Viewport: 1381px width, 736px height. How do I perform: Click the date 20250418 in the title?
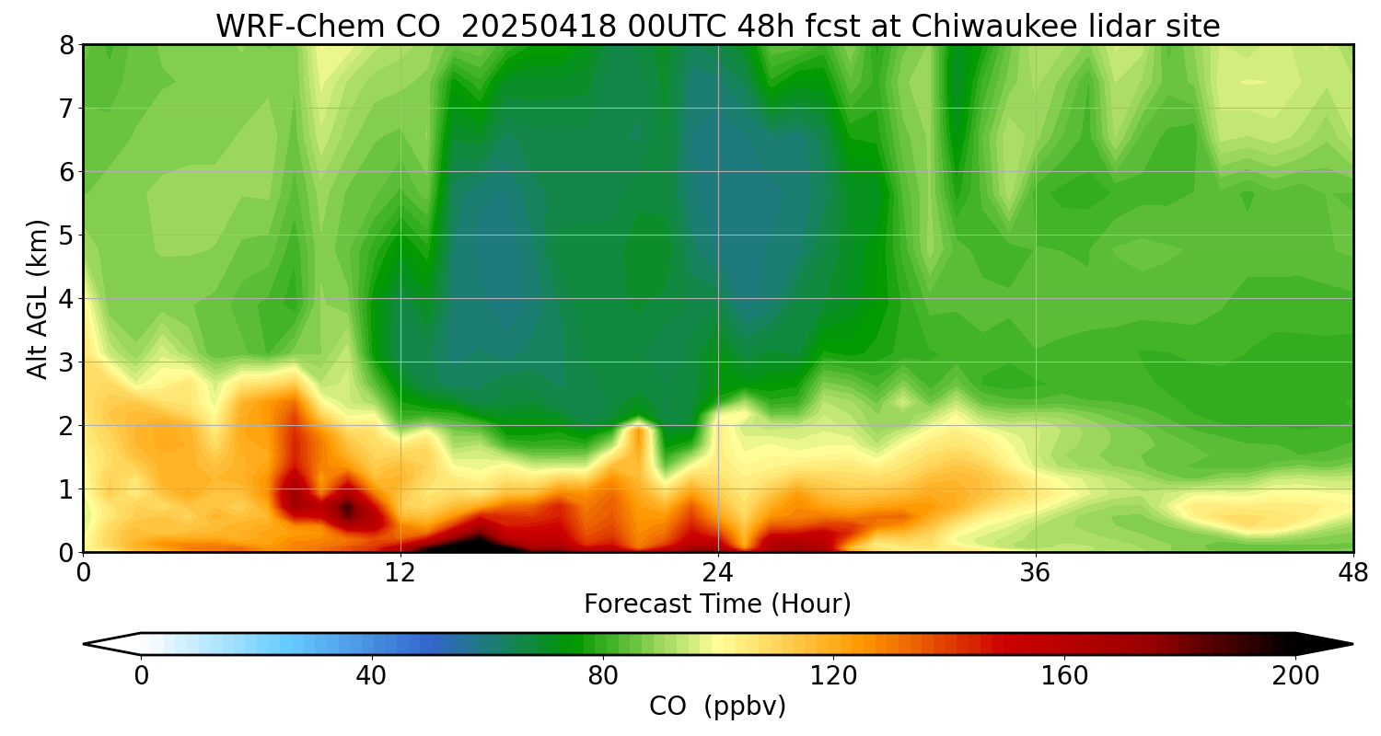539,27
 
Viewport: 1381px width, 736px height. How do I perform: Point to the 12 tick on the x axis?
401,572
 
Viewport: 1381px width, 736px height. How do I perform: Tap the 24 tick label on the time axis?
718,572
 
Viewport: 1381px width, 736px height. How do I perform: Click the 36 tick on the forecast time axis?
1036,572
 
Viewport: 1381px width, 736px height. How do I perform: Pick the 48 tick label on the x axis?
1352,572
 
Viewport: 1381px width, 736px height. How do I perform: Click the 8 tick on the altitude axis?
65,45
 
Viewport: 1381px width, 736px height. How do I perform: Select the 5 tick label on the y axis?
65,236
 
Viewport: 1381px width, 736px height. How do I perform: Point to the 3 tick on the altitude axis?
65,362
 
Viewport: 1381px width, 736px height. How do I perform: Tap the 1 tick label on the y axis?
65,489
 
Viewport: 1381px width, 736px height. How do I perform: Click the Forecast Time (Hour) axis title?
717,604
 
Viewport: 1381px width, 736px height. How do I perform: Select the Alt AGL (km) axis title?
38,298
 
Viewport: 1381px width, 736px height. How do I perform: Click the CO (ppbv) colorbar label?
717,707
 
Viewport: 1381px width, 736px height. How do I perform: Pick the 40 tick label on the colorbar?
371,676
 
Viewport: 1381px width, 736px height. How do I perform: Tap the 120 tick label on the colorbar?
833,676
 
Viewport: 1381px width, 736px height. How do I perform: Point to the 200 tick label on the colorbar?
1295,676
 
